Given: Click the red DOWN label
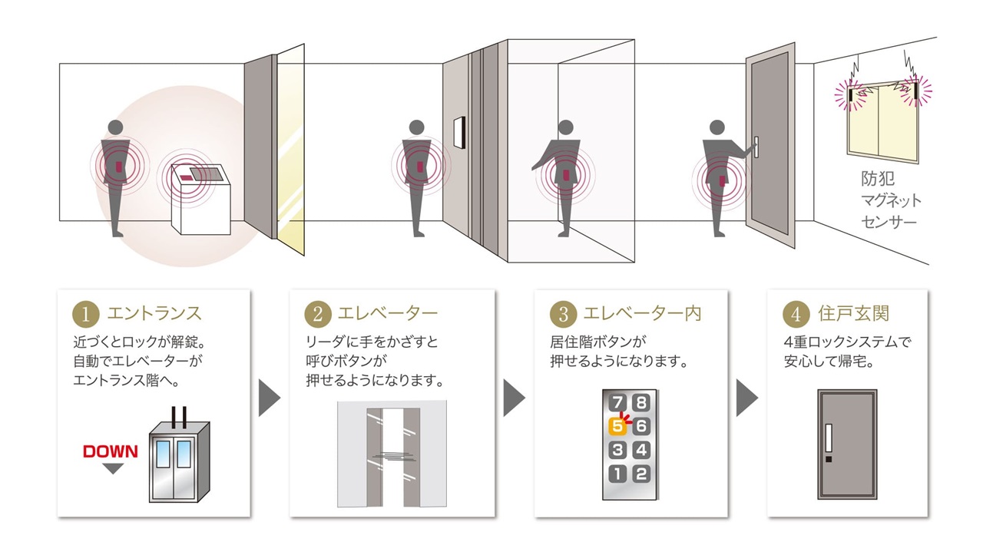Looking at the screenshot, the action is point(110,451).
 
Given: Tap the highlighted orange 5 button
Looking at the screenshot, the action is point(617,426).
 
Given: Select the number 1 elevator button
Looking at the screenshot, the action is point(617,474).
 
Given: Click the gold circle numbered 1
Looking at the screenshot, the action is point(85,314).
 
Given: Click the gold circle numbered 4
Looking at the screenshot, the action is point(796,314).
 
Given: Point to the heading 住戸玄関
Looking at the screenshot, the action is point(853,314).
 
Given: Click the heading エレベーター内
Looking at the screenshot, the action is point(643,314).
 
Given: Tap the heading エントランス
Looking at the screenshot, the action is point(154,314).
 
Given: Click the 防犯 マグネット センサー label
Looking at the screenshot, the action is point(891,200).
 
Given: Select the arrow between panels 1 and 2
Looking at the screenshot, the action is point(269,398).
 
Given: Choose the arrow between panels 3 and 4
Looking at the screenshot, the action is point(747,398).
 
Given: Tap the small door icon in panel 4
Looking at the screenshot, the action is point(847,444).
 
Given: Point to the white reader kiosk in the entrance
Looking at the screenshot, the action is point(201,199).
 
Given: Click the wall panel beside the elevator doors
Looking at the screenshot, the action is point(459,133).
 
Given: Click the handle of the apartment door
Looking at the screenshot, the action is point(756,147).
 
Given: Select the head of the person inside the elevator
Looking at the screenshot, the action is point(566,127).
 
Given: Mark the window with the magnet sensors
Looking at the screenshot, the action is point(883,122).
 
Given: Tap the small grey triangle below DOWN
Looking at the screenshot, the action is point(113,468).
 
